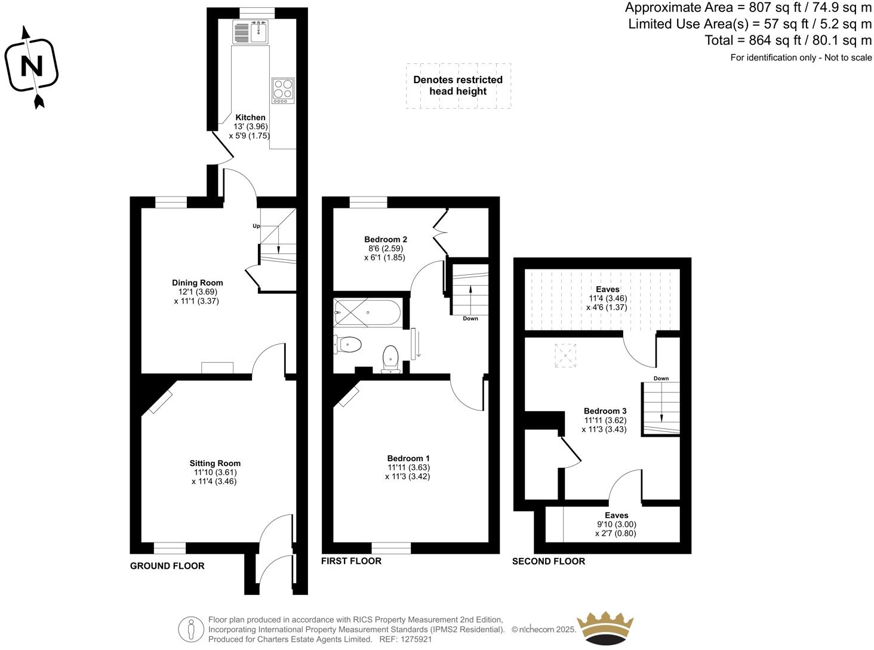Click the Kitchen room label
click(250, 118)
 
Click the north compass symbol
click(32, 66)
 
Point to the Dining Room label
click(197, 283)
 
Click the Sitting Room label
click(215, 463)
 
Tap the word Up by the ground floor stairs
click(256, 226)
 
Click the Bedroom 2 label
click(386, 240)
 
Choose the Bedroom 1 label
click(408, 458)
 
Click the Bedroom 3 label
click(605, 411)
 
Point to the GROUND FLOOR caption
click(167, 566)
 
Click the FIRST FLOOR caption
click(351, 561)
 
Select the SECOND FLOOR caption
click(548, 562)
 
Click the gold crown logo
click(605, 628)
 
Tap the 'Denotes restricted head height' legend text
click(458, 85)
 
